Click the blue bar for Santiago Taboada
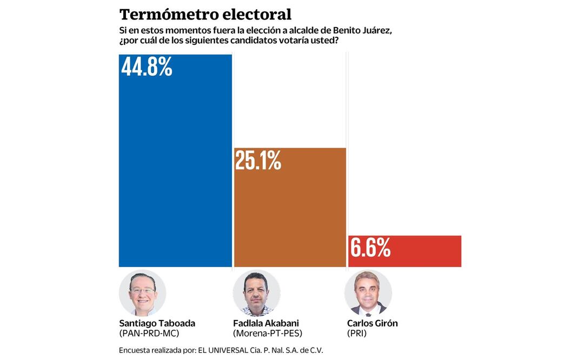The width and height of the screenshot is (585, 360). [x=175, y=173]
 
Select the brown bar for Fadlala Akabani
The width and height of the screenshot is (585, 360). [x=290, y=216]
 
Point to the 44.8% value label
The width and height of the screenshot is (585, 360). [x=147, y=67]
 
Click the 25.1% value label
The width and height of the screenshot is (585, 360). [x=258, y=161]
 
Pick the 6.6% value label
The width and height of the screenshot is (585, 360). [x=370, y=248]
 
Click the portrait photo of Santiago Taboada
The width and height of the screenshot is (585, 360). [x=142, y=293]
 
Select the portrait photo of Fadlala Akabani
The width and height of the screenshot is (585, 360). [x=256, y=293]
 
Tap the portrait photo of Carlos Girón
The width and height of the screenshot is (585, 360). [x=368, y=293]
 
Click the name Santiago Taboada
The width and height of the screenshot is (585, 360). [x=157, y=323]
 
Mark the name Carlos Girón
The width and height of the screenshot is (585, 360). [x=372, y=323]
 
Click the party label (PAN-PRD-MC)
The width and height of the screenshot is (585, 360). [x=149, y=334]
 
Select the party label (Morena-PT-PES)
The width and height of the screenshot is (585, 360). [x=267, y=334]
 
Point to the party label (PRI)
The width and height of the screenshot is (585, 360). [x=357, y=334]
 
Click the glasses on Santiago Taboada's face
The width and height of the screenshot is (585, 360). [x=142, y=291]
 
